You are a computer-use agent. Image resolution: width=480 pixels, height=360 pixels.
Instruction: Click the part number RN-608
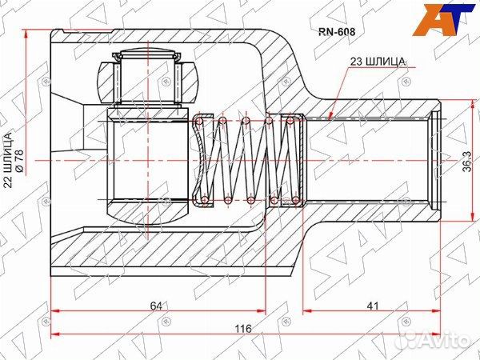337,31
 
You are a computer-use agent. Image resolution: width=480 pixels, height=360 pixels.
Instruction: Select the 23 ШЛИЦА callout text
378,62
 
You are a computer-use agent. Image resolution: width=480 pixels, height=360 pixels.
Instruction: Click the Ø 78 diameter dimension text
19,160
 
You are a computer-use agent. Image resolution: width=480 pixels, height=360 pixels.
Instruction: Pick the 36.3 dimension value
467,161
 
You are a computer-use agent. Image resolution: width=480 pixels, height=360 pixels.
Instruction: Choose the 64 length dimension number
156,306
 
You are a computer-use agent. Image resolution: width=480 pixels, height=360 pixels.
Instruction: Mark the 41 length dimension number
373,306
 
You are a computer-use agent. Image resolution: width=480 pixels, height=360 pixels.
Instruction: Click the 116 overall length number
243,328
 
